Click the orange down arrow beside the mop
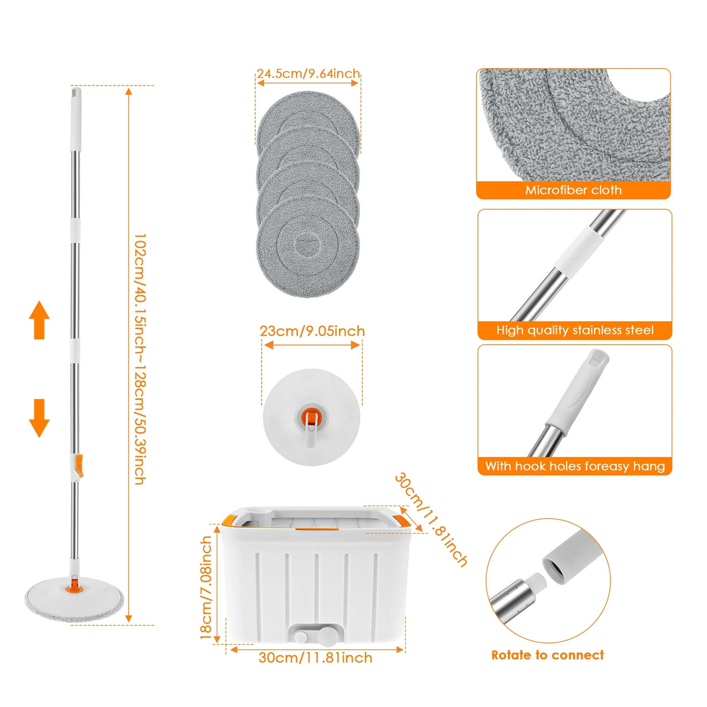pos(39,418)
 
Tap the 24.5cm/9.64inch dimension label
pos(308,74)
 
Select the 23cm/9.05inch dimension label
pos(312,331)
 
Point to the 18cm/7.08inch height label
pos(206,587)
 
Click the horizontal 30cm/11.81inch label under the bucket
pos(315,658)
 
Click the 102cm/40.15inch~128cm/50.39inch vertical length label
pos(140,359)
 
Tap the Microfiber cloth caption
pos(573,190)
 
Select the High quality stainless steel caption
pos(574,330)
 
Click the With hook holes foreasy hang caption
pos(574,466)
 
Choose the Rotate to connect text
pos(547,655)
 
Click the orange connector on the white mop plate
pos(310,417)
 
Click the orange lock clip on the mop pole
pos(77,465)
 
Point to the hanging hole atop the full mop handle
pos(76,93)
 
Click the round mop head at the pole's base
pos(73,595)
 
